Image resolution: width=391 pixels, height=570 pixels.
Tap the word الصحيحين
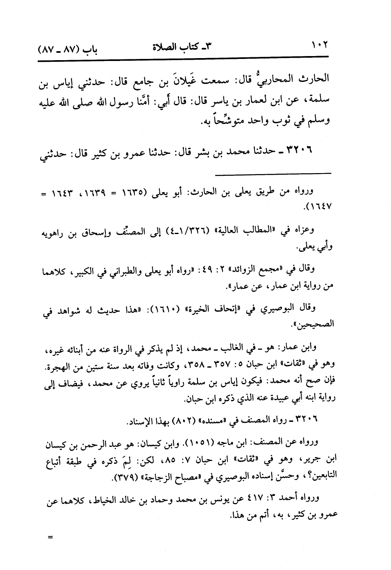[x=314, y=324]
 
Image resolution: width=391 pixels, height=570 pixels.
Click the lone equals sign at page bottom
[x=50, y=537]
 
